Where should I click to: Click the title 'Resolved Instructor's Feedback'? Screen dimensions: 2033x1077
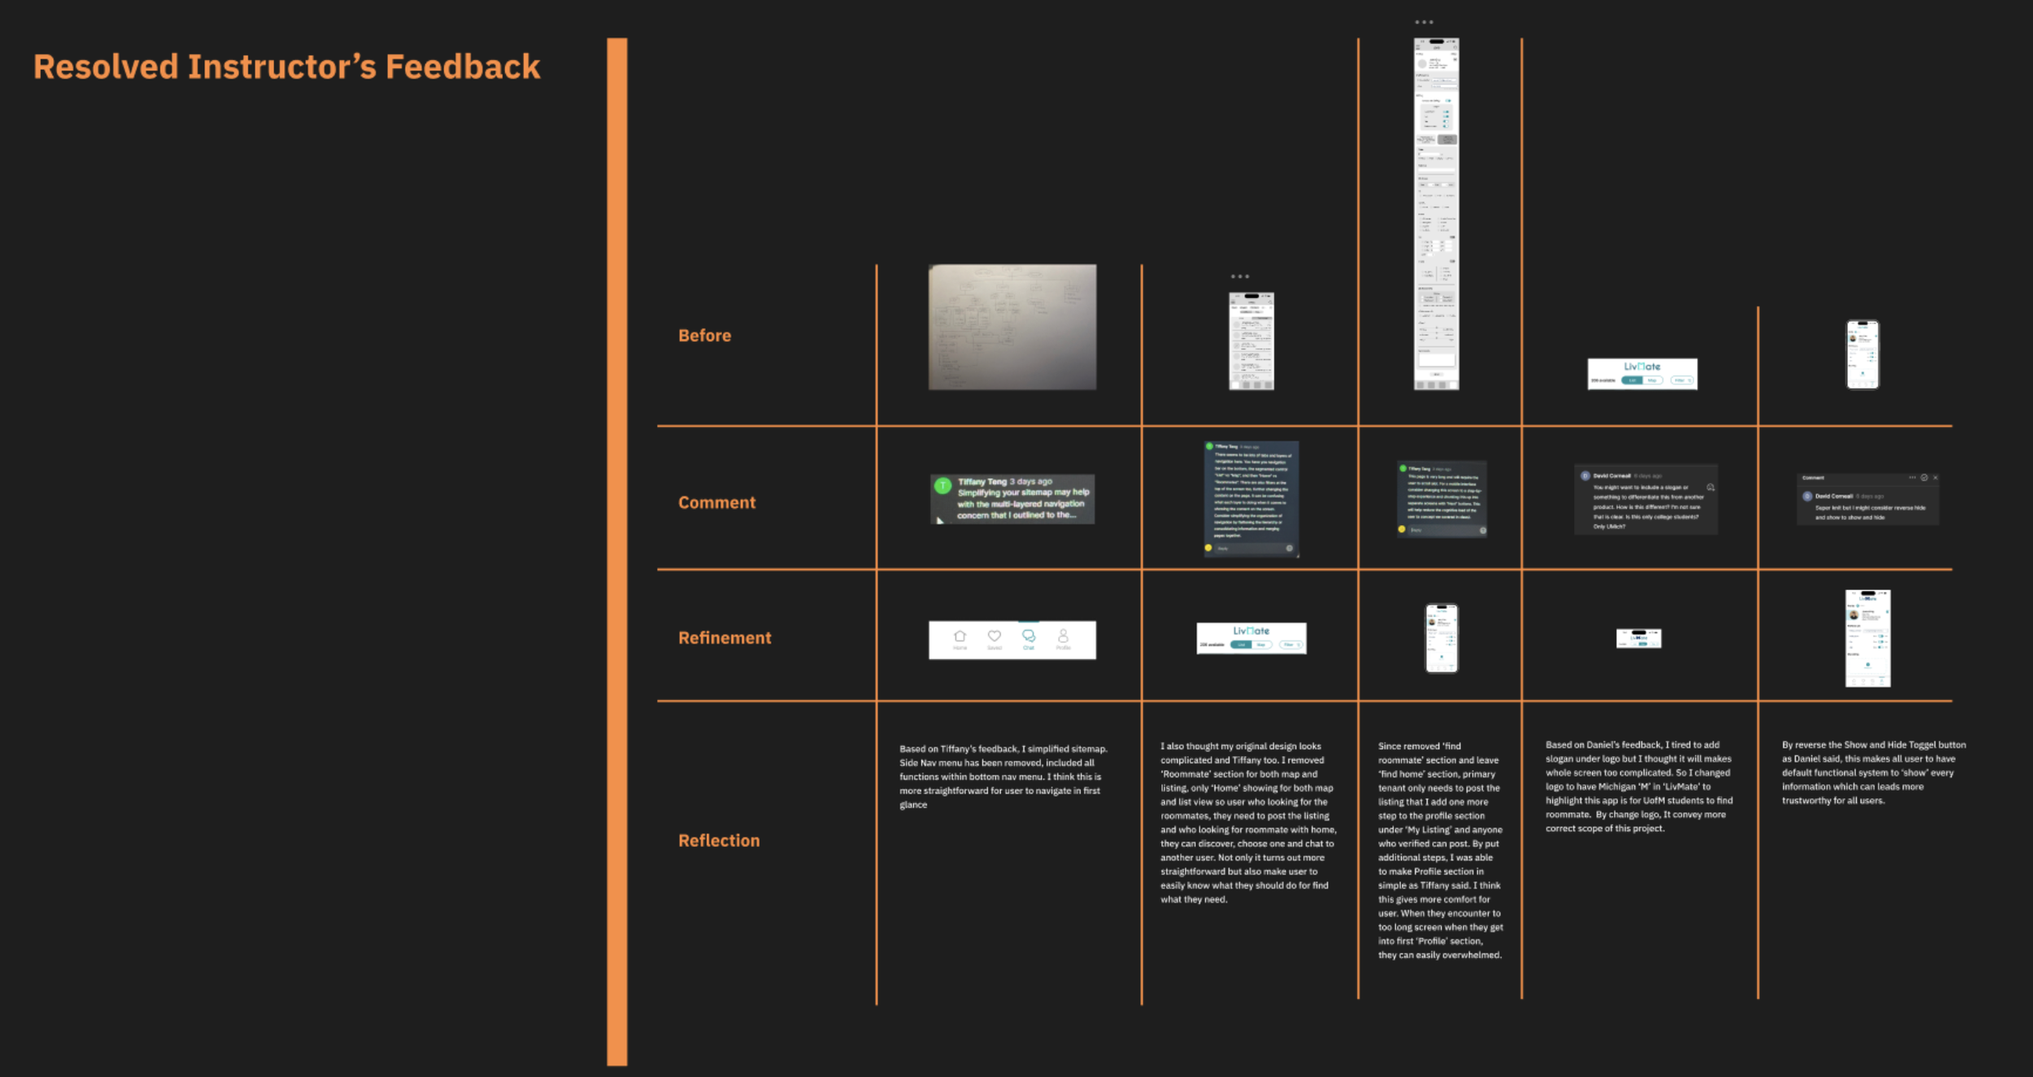click(x=286, y=67)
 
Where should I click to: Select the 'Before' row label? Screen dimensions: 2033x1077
click(x=704, y=336)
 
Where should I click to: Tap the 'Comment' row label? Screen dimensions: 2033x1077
click(x=716, y=502)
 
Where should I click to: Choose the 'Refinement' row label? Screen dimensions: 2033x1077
click(x=725, y=638)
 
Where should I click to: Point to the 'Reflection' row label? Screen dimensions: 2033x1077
click(x=719, y=840)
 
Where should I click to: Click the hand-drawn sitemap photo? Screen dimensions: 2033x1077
click(x=1012, y=327)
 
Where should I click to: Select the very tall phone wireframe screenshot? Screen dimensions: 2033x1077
click(x=1436, y=214)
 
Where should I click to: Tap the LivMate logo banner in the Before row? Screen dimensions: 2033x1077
click(x=1642, y=374)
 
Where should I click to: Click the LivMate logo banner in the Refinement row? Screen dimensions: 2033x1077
click(x=1251, y=638)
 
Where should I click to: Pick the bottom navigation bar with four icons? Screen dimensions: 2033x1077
click(x=1012, y=640)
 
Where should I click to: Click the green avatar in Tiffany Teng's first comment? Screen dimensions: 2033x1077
click(x=942, y=486)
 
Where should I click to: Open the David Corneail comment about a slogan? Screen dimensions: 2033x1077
click(x=1645, y=499)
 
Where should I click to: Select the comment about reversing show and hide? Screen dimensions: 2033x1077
click(x=1867, y=499)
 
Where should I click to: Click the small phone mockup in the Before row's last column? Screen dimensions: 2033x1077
click(x=1862, y=355)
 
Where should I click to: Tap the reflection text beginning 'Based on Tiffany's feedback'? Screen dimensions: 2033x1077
click(x=1003, y=776)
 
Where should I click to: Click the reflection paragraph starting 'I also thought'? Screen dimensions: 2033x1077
click(x=1247, y=822)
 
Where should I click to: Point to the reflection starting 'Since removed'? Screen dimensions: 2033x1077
click(x=1439, y=849)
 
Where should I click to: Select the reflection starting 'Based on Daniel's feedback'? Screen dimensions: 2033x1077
click(x=1638, y=786)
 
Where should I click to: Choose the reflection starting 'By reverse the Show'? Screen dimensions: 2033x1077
click(x=1873, y=772)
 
